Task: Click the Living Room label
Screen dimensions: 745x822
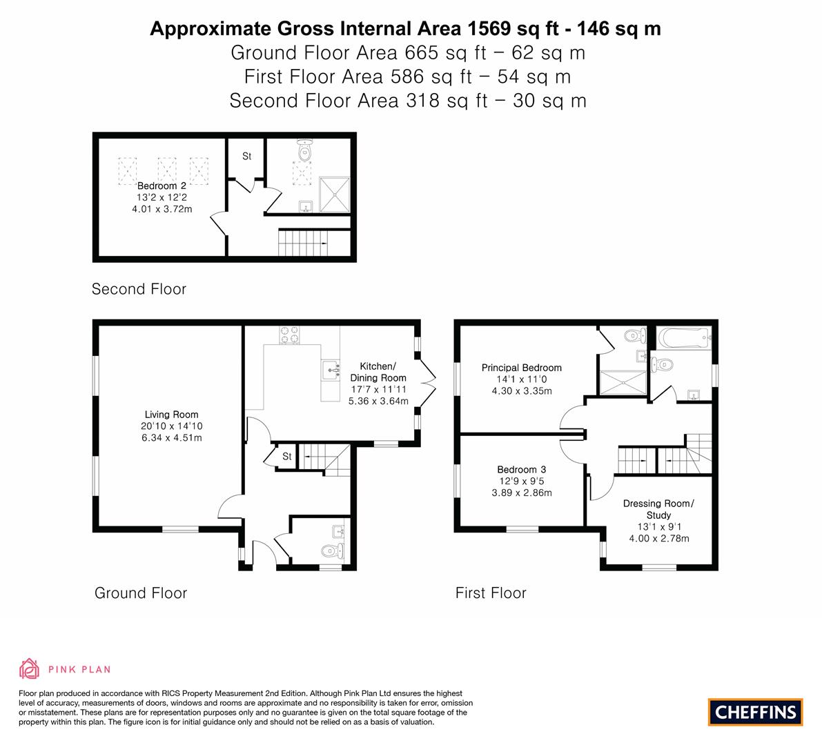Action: click(x=171, y=415)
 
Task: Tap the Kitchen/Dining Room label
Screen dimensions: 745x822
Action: click(x=378, y=372)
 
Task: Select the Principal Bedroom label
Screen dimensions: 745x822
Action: click(x=521, y=368)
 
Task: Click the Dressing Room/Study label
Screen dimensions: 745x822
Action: click(x=658, y=509)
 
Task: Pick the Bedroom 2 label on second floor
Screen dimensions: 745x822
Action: click(x=162, y=186)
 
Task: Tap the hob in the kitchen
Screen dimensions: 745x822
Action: click(x=290, y=335)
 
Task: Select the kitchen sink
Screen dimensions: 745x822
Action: click(x=331, y=369)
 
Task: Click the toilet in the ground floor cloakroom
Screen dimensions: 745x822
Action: click(x=332, y=550)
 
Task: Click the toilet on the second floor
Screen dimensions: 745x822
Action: click(x=304, y=149)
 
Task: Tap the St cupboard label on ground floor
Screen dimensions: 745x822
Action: click(x=287, y=457)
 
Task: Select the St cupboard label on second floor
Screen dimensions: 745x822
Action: click(x=246, y=157)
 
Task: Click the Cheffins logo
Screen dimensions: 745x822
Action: click(x=755, y=712)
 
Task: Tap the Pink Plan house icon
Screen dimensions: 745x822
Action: click(x=30, y=668)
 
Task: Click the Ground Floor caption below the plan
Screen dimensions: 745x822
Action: click(x=141, y=593)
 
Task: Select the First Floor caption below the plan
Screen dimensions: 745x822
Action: click(x=491, y=593)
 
